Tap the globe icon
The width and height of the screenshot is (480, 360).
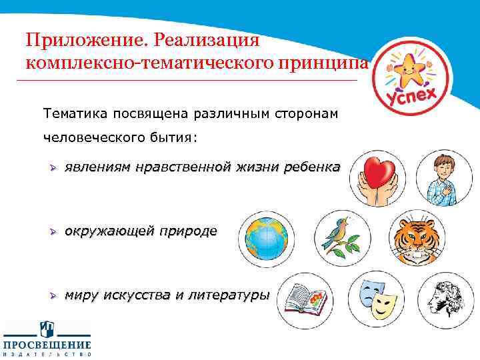[266, 237]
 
